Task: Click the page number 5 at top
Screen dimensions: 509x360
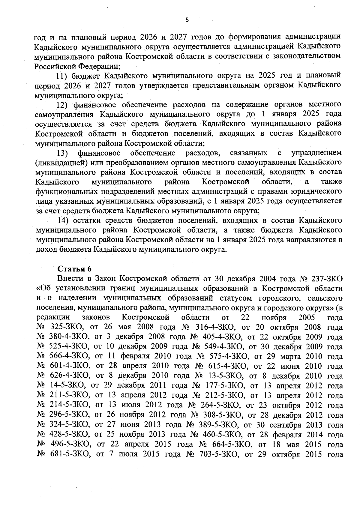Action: [x=187, y=20]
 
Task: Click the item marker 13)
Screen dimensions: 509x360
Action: [x=63, y=153]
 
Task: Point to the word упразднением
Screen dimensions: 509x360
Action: [x=316, y=153]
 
